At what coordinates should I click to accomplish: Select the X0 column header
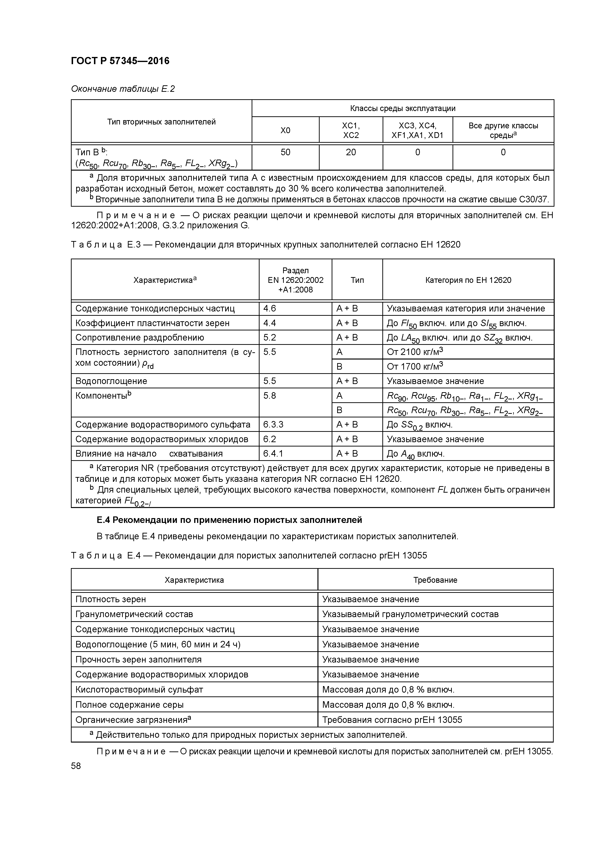coord(285,130)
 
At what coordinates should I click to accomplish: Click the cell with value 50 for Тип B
coord(285,152)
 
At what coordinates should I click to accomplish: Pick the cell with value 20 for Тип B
coord(351,152)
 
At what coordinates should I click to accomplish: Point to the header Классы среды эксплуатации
coord(403,108)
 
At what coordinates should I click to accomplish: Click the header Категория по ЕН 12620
coord(468,280)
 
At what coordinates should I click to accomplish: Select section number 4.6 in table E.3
coord(270,308)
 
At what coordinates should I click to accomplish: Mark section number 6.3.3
coord(273,424)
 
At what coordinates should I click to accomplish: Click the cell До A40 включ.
coord(415,454)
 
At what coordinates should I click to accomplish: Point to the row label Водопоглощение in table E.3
coord(111,381)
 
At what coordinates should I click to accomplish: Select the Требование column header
coord(435,580)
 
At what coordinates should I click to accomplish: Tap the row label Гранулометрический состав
coord(134,614)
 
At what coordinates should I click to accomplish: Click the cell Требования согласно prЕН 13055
coord(392,720)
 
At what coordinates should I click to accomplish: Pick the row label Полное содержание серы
coord(129,705)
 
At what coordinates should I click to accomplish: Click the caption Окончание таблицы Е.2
coord(123,89)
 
